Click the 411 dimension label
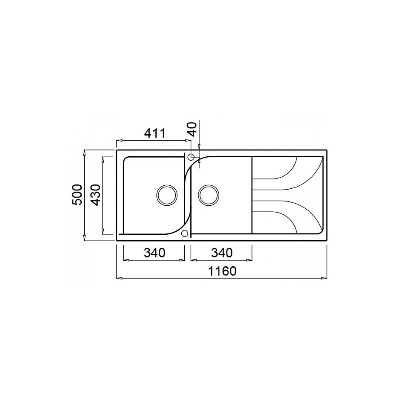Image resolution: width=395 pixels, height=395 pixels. tap(155, 133)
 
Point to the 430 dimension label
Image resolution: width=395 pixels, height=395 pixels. tap(96, 195)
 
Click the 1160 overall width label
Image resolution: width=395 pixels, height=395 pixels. tap(222, 271)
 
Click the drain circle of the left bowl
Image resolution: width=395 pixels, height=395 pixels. tap(167, 195)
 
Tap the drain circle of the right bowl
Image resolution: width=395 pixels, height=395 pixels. tap(208, 195)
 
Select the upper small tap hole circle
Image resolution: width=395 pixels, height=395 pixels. tap(191, 157)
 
